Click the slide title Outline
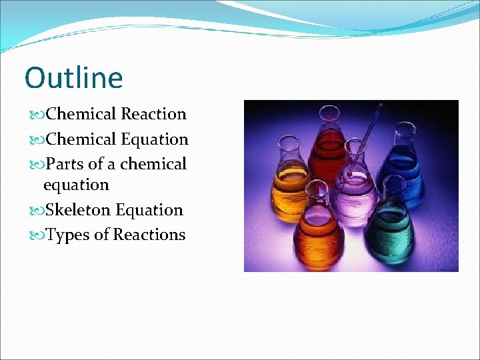click(x=73, y=78)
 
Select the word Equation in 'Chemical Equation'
click(x=155, y=139)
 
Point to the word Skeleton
click(x=78, y=210)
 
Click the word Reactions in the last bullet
click(x=149, y=235)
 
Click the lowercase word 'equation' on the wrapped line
click(x=76, y=185)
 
